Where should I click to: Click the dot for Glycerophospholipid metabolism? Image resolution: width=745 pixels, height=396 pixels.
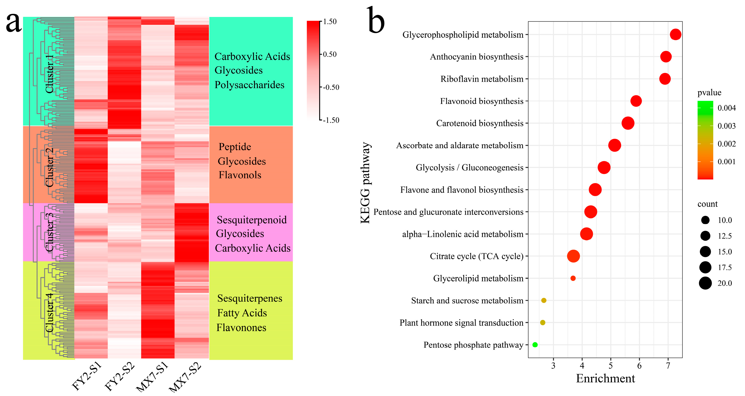(x=675, y=34)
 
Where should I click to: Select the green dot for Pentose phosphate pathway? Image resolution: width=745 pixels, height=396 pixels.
(x=535, y=344)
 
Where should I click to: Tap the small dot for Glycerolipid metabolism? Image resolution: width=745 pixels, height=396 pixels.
(x=573, y=278)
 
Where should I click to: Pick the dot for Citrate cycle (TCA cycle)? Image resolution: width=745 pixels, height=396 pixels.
(x=573, y=256)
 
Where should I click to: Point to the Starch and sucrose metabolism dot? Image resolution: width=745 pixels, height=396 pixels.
(x=543, y=300)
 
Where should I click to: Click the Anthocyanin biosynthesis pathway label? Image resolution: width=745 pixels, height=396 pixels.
(x=476, y=57)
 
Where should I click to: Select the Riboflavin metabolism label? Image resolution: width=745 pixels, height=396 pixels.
(x=482, y=79)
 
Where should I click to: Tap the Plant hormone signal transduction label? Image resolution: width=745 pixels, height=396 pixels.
(x=461, y=323)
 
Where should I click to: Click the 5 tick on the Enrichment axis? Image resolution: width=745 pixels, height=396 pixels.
(x=610, y=366)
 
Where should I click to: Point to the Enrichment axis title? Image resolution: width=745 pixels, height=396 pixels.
(x=605, y=378)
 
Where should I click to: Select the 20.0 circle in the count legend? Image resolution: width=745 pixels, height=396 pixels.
(x=705, y=283)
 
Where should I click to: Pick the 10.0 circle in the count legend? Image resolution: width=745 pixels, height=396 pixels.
(x=705, y=220)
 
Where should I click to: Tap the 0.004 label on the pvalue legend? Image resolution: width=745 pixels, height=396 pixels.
(x=727, y=108)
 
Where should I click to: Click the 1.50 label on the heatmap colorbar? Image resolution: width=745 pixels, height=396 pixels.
(x=330, y=22)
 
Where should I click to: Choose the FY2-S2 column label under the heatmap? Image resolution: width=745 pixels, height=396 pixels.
(x=120, y=376)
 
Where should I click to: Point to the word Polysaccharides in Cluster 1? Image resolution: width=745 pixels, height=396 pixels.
(x=249, y=85)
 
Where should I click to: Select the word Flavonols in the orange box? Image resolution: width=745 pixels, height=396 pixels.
(x=240, y=175)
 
